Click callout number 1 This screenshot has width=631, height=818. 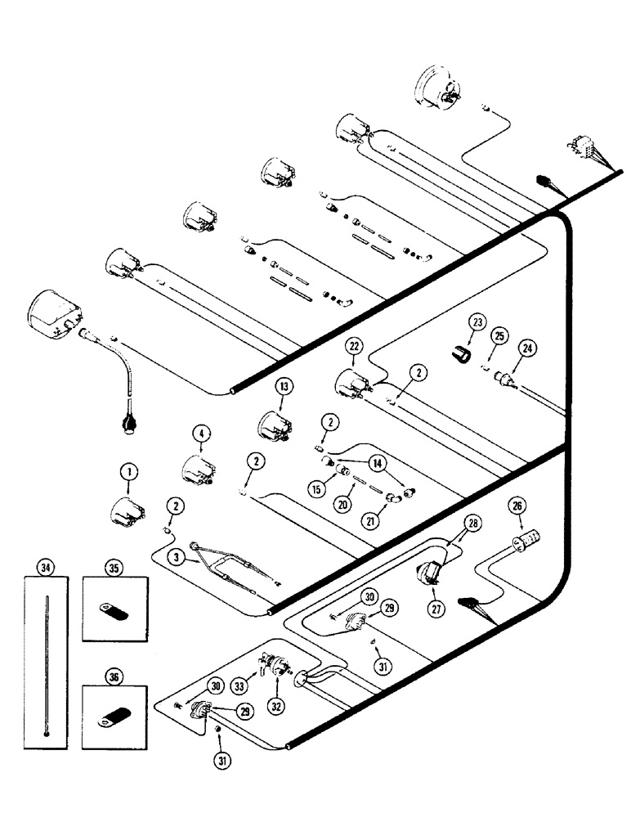pos(127,471)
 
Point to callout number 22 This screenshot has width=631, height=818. pos(353,348)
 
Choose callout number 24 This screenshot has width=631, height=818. pos(528,348)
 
